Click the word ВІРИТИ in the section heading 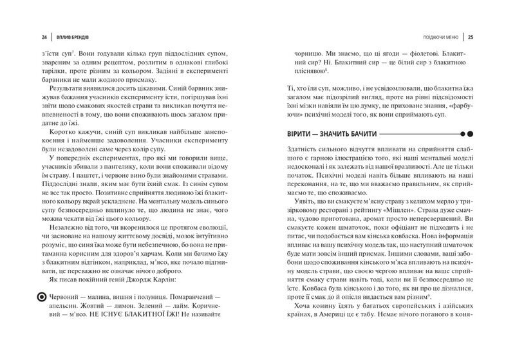[x=290, y=133]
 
